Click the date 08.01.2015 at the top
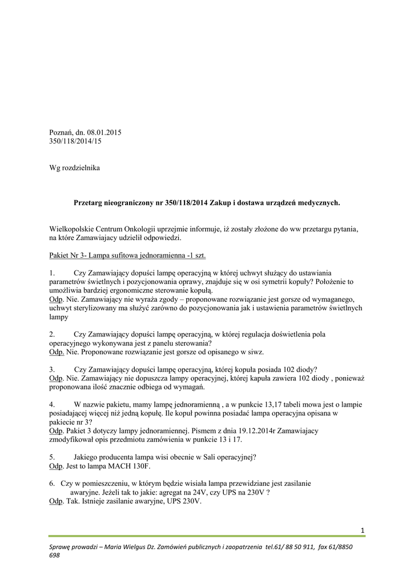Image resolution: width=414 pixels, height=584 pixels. click(x=104, y=133)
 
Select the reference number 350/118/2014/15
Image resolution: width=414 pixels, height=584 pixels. click(x=75, y=142)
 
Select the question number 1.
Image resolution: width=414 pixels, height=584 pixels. click(x=51, y=273)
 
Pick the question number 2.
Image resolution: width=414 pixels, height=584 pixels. click(x=52, y=334)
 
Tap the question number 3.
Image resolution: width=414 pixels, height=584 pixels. click(x=52, y=369)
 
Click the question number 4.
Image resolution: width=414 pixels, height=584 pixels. click(x=52, y=404)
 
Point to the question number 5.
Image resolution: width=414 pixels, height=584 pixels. click(x=52, y=457)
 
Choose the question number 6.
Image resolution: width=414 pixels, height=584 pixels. click(x=52, y=483)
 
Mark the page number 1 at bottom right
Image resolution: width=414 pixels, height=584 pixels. click(x=362, y=531)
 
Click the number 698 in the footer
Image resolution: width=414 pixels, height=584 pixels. click(x=55, y=556)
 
